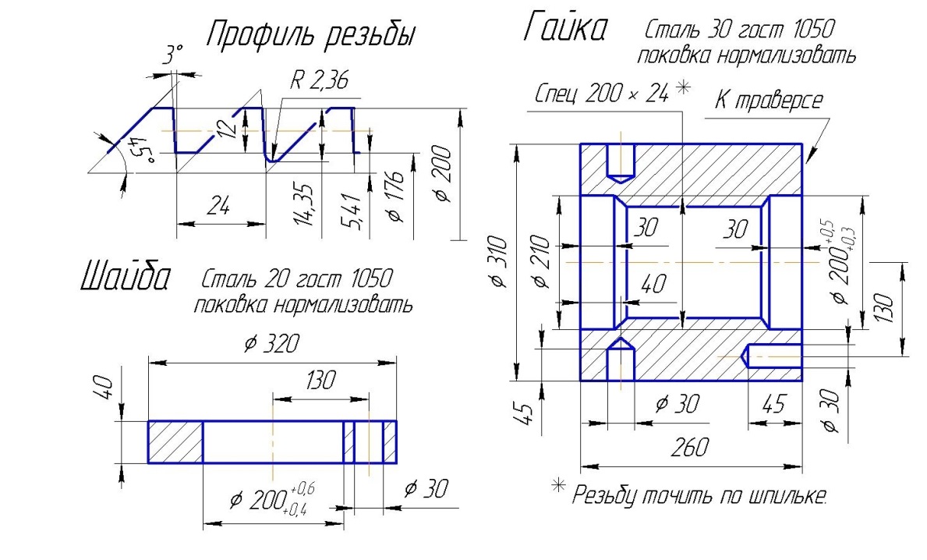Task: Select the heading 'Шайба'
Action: click(125, 278)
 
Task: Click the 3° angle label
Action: click(172, 55)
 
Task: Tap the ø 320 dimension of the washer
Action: click(271, 344)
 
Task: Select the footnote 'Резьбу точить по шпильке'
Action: click(699, 495)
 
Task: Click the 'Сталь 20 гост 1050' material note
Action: click(295, 278)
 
